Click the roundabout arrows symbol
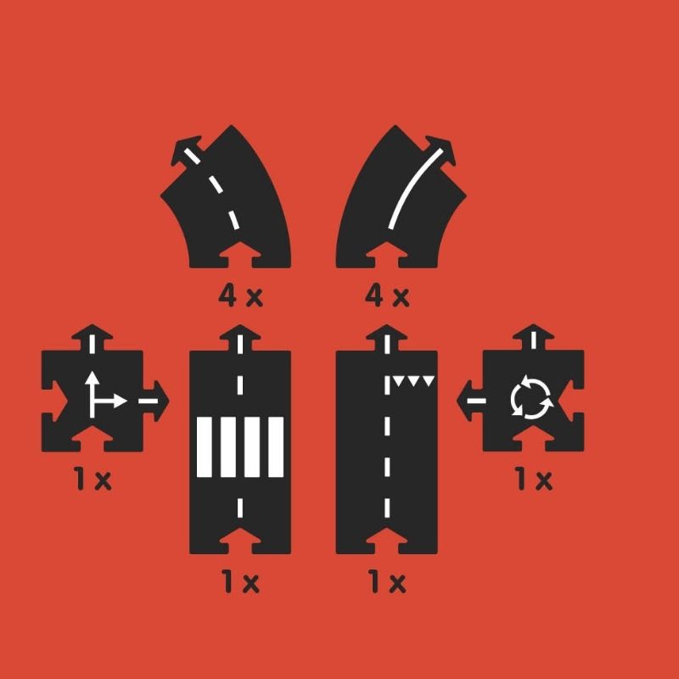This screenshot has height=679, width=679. coord(532,397)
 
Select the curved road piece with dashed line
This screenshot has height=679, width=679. coord(226,197)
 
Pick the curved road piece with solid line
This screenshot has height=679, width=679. coord(401,197)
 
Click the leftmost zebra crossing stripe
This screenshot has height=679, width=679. coord(205,447)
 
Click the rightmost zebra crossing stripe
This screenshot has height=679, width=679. coord(276,447)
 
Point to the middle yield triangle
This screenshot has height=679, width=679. coord(413,380)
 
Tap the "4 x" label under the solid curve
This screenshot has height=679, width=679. coord(387,296)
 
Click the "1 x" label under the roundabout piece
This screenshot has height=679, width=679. coord(534,479)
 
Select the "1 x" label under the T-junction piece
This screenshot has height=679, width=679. coord(93,479)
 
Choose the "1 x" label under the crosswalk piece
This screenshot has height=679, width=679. coord(241,581)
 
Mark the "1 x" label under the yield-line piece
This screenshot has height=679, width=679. coord(387,581)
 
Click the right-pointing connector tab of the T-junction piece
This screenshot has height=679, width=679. coord(156,401)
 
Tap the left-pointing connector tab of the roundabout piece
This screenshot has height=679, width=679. coord(470,401)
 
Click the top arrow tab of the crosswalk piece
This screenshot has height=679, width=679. coord(240,338)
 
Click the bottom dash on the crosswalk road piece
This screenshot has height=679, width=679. coord(240,508)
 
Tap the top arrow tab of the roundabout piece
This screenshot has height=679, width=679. coord(534,338)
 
